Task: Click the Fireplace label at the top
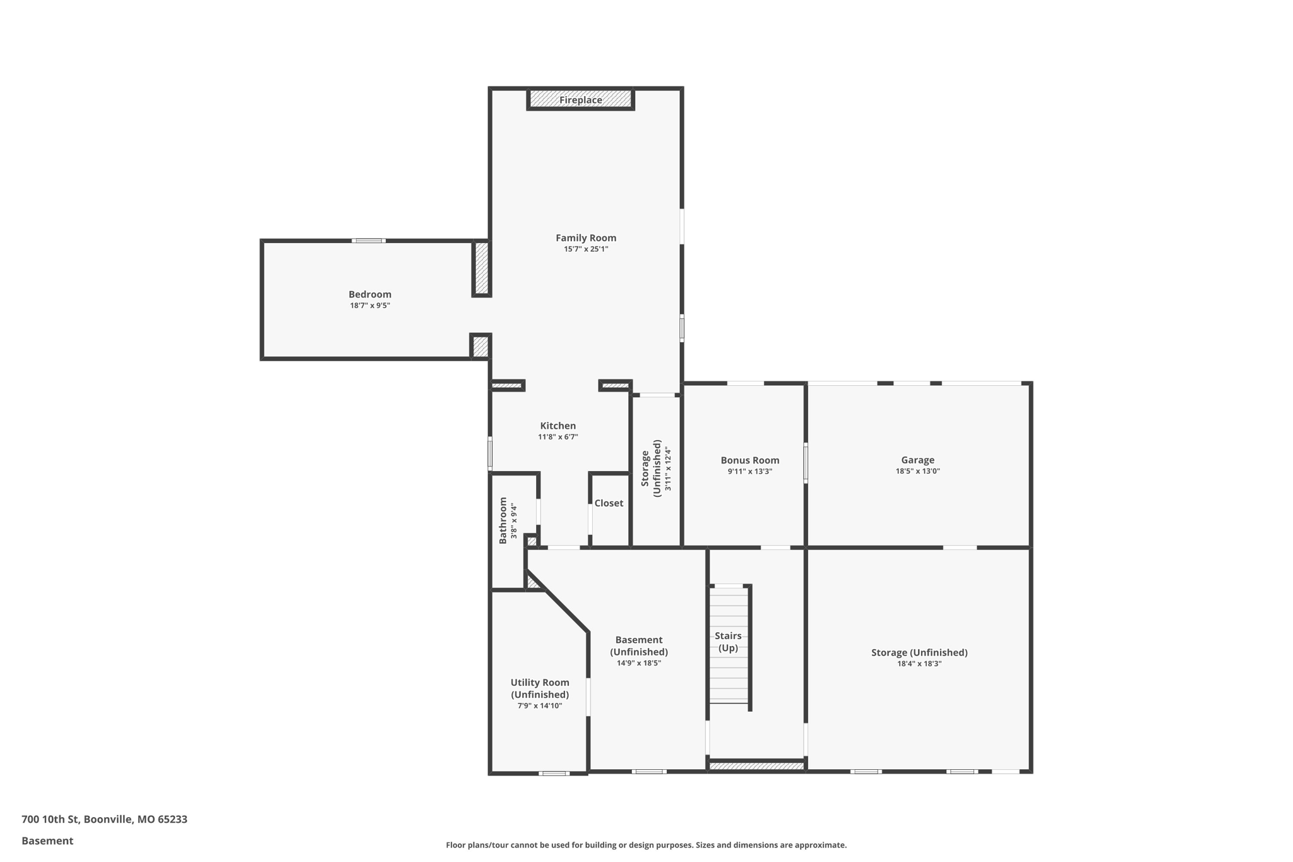pyautogui.click(x=580, y=100)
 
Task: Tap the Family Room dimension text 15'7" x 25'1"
pyautogui.click(x=586, y=249)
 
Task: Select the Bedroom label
pyautogui.click(x=370, y=294)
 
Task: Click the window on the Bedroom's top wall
pyautogui.click(x=369, y=241)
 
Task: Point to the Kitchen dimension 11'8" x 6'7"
pyautogui.click(x=557, y=437)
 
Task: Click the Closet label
pyautogui.click(x=609, y=503)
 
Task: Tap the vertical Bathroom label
pyautogui.click(x=503, y=520)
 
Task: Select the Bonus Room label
pyautogui.click(x=750, y=460)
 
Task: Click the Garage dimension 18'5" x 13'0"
pyautogui.click(x=917, y=471)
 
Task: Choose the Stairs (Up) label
pyautogui.click(x=728, y=642)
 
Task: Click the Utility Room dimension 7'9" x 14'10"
pyautogui.click(x=540, y=706)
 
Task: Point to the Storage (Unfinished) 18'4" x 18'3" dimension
pyautogui.click(x=919, y=664)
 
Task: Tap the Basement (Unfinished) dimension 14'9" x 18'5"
pyautogui.click(x=639, y=663)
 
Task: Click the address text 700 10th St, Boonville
pyautogui.click(x=104, y=820)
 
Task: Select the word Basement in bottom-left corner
pyautogui.click(x=47, y=841)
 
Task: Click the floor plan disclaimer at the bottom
pyautogui.click(x=646, y=845)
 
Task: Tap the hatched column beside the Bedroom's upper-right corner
pyautogui.click(x=482, y=268)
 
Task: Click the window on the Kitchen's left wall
pyautogui.click(x=490, y=453)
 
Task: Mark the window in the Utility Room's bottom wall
pyautogui.click(x=554, y=773)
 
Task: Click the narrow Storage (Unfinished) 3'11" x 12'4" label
pyautogui.click(x=656, y=469)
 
